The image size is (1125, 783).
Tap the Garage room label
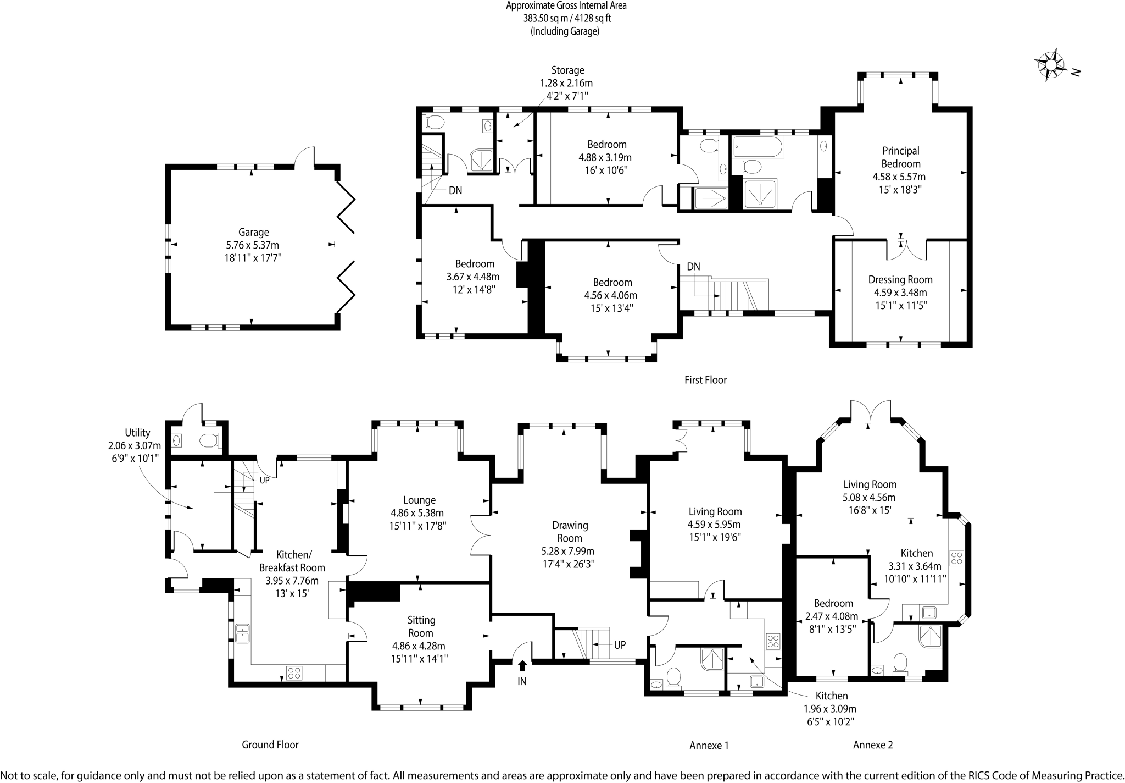[x=254, y=232]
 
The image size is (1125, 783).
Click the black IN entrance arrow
[x=522, y=666]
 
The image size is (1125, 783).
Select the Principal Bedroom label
[x=901, y=157]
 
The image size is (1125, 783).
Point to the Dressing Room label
[x=900, y=279]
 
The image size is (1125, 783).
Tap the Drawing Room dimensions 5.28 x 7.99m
[x=568, y=551]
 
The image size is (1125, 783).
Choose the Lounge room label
[x=419, y=500]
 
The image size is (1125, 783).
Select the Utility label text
[x=137, y=433]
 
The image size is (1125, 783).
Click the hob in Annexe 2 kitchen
[x=956, y=558]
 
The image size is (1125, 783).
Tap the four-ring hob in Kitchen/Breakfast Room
[x=294, y=672]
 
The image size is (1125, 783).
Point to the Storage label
[x=567, y=70]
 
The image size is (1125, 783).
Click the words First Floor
[x=705, y=379]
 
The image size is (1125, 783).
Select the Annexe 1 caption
[x=709, y=745]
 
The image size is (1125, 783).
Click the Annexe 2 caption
[x=873, y=745]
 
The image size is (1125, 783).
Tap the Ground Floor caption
[x=270, y=745]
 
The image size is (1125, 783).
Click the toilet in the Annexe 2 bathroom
[x=900, y=663]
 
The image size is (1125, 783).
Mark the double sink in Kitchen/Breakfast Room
[x=242, y=633]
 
